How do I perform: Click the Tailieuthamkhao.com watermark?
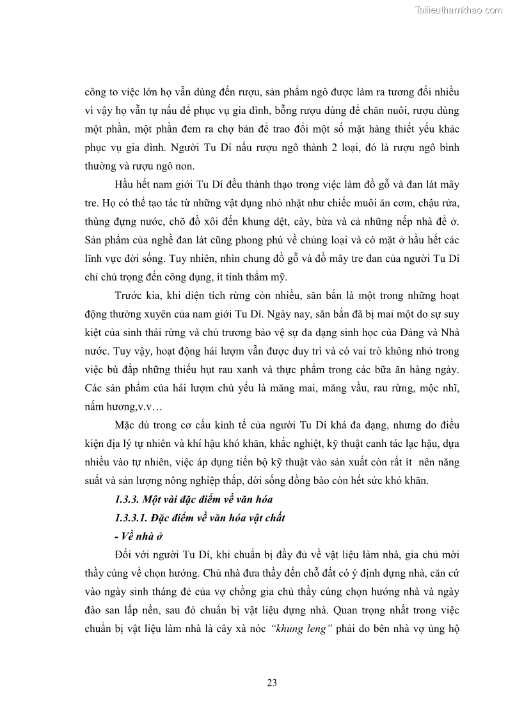(x=459, y=10)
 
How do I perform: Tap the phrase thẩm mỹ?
(x=269, y=278)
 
